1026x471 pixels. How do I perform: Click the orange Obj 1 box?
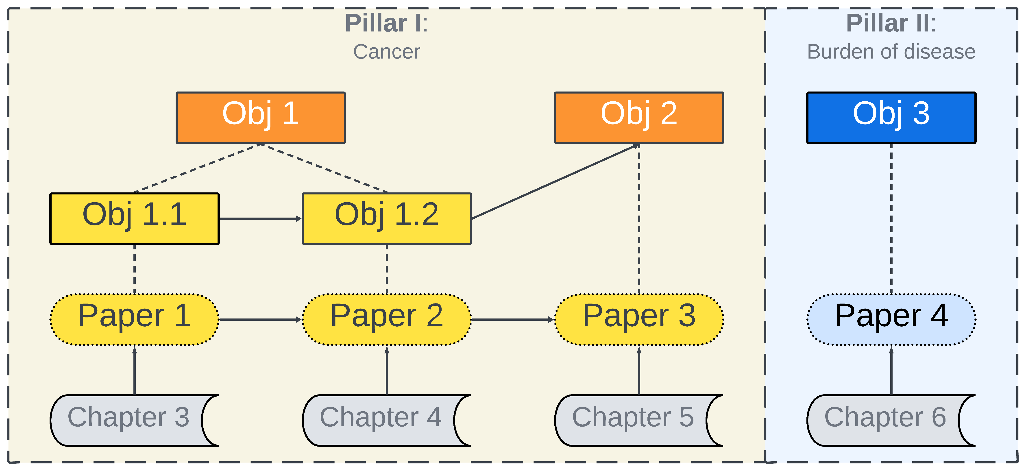pos(261,118)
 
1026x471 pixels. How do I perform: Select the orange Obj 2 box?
pos(639,118)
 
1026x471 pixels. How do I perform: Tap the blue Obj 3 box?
pos(891,118)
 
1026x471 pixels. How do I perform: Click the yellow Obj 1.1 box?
pos(134,218)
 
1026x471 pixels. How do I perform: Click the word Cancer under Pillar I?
pos(386,52)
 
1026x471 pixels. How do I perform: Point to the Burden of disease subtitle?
pos(891,52)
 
